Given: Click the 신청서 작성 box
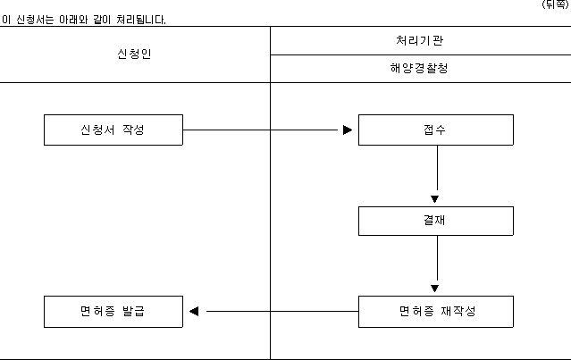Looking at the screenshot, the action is [113, 130].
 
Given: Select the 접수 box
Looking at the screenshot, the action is [436, 130].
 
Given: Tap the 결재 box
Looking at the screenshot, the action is [436, 221].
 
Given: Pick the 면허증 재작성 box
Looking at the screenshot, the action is [436, 312].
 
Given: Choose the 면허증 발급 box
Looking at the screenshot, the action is [113, 312].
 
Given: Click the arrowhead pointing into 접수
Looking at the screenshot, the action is [348, 130].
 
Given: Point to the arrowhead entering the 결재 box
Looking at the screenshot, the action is [434, 199].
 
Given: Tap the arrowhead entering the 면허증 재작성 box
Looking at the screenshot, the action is [434, 289].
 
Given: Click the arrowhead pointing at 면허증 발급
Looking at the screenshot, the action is [194, 311].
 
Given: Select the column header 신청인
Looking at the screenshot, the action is [134, 54].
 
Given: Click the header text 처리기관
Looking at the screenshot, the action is [419, 40].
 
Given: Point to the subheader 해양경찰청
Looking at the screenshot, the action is [419, 68].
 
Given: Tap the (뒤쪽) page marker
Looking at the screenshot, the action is [555, 4].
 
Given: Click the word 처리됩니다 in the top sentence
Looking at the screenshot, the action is [141, 20].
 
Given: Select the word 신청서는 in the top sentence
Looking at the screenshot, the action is [35, 20].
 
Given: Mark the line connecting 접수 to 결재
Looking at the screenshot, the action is [437, 168].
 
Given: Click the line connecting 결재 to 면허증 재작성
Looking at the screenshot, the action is [437, 258].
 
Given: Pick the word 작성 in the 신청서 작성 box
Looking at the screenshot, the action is [133, 130].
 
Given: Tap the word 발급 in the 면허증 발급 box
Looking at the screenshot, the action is [133, 311].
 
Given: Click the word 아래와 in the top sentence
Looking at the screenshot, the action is [73, 20].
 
